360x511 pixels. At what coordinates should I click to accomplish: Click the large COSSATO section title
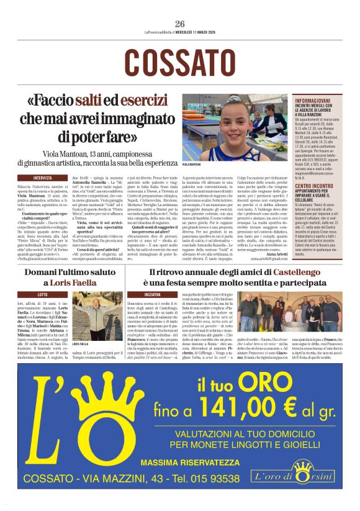(x=180, y=61)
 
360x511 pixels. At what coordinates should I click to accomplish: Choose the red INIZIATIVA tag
(x=155, y=294)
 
